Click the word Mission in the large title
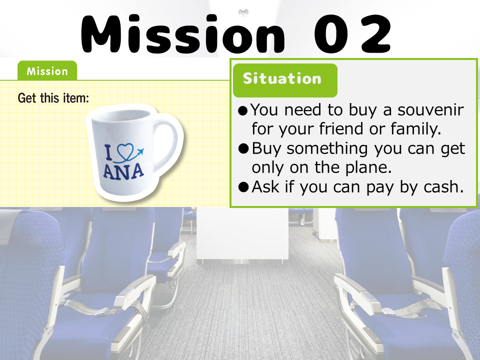(183, 33)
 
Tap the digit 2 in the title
(376, 34)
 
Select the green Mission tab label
(47, 70)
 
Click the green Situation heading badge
(285, 80)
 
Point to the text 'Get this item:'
(53, 98)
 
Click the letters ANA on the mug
(123, 171)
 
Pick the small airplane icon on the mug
(140, 151)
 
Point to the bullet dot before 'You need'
(243, 110)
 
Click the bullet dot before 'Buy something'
(243, 149)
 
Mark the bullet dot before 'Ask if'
(243, 187)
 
